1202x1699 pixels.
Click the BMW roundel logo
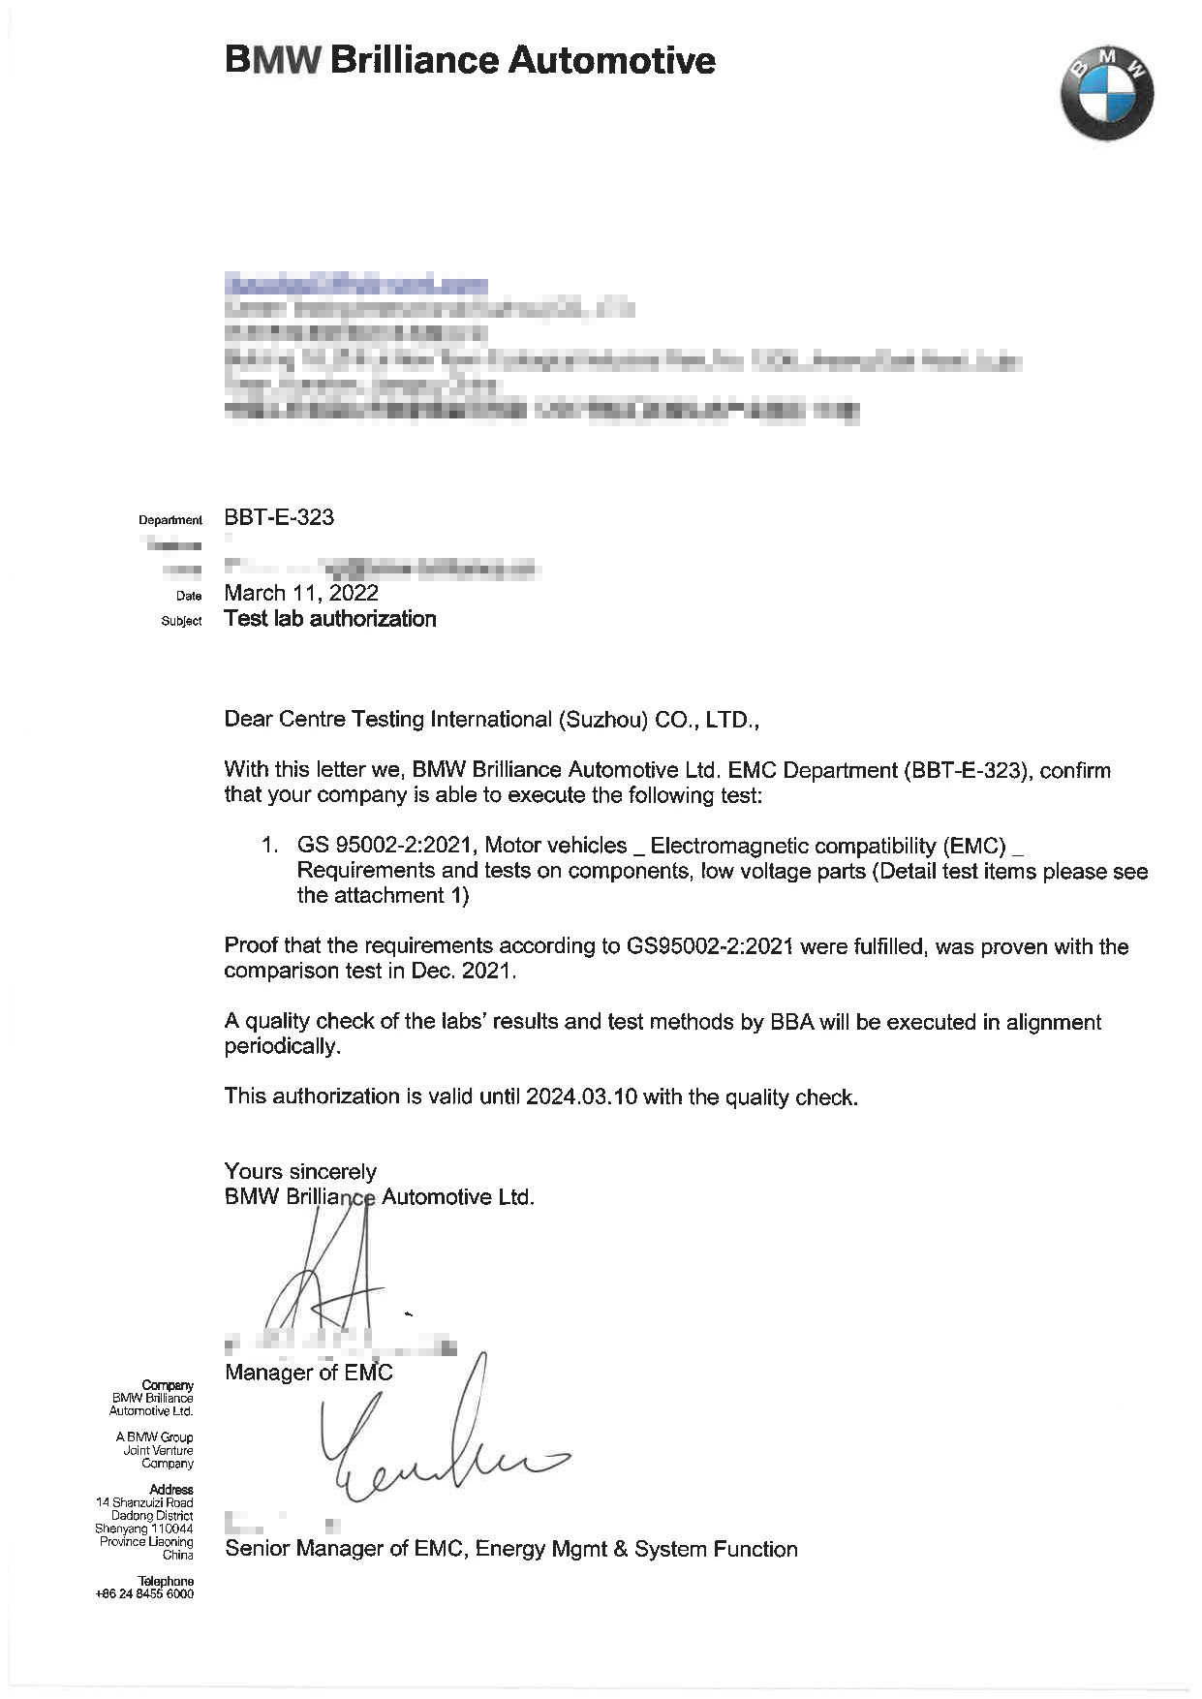tap(1107, 93)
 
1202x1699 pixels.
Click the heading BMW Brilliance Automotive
tap(470, 61)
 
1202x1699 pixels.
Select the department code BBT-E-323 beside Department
tap(279, 517)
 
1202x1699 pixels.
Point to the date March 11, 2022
tap(301, 593)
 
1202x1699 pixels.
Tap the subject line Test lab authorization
tap(330, 619)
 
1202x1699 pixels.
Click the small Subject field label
tap(181, 621)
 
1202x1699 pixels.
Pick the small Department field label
tap(170, 520)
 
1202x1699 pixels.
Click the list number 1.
tap(269, 845)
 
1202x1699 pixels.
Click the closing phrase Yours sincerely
tap(300, 1172)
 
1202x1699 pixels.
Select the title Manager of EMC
tap(309, 1373)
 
